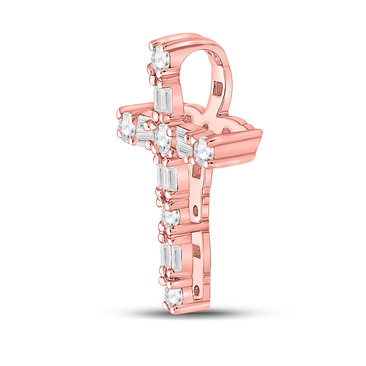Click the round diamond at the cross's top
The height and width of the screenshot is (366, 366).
point(160,58)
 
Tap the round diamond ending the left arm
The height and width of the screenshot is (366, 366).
point(127,127)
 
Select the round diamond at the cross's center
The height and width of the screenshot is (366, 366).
point(162,138)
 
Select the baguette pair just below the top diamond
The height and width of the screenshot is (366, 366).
point(163,100)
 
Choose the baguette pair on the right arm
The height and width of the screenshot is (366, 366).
point(184,143)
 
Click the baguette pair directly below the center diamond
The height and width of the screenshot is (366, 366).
point(167,178)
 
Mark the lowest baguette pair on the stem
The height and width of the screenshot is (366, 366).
point(171,258)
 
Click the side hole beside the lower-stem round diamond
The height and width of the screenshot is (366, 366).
point(195,210)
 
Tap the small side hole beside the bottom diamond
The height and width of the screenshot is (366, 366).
point(197,291)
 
